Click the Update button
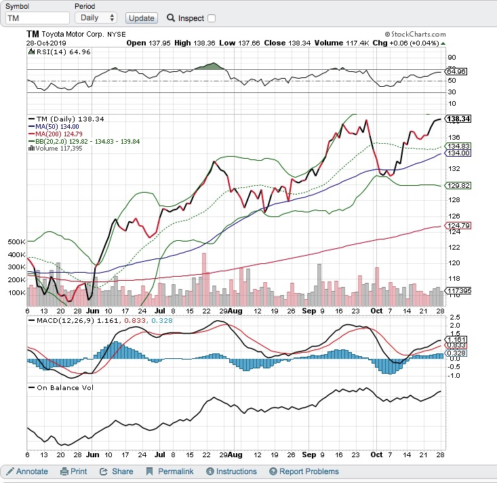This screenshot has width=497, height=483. [141, 18]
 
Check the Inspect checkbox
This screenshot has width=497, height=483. [212, 18]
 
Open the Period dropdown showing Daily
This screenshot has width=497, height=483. [96, 18]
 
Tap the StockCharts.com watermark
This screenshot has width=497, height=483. [415, 34]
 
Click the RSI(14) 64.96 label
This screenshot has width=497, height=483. [54, 52]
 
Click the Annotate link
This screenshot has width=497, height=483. [27, 471]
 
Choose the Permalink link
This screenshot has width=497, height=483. [171, 471]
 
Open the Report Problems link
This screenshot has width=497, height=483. [303, 471]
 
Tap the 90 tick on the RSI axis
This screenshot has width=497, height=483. [450, 58]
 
